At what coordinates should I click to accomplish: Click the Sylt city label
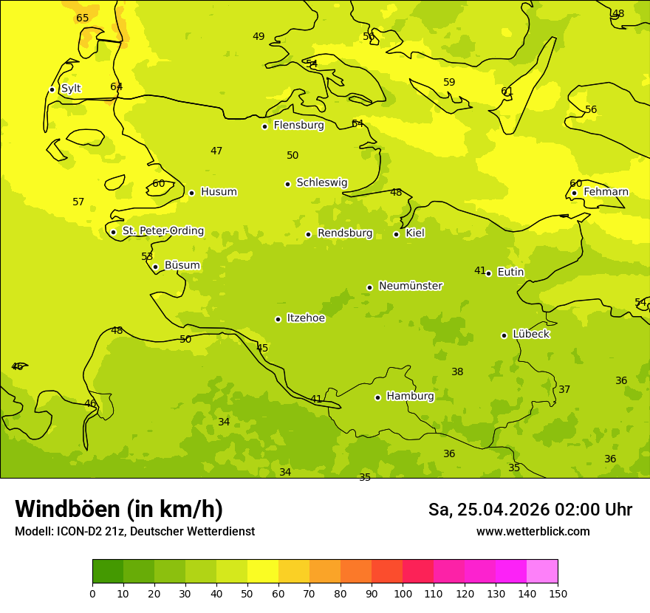pyautogui.click(x=71, y=89)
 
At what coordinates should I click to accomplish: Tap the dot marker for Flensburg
pyautogui.click(x=264, y=126)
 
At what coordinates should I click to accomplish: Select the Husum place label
pyautogui.click(x=219, y=192)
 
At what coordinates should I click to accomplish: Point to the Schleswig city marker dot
pyautogui.click(x=287, y=184)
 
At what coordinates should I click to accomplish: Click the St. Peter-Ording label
pyautogui.click(x=163, y=231)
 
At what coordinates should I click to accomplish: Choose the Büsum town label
pyautogui.click(x=182, y=266)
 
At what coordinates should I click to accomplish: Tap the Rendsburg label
pyautogui.click(x=345, y=233)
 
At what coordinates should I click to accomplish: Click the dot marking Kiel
pyautogui.click(x=396, y=234)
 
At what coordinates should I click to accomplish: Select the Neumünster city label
pyautogui.click(x=411, y=286)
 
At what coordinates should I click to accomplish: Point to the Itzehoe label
pyautogui.click(x=306, y=318)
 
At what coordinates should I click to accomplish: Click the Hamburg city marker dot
pyautogui.click(x=377, y=397)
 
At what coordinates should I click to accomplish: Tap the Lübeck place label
pyautogui.click(x=531, y=335)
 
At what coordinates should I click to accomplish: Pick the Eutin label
pyautogui.click(x=510, y=273)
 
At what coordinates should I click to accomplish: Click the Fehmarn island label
pyautogui.click(x=606, y=192)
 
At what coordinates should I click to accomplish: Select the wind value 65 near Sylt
pyautogui.click(x=83, y=18)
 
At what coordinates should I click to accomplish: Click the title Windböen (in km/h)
pyautogui.click(x=119, y=509)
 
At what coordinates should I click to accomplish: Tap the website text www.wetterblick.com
pyautogui.click(x=533, y=532)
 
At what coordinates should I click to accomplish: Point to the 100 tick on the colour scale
pyautogui.click(x=403, y=594)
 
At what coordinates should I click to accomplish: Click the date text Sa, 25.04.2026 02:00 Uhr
pyautogui.click(x=530, y=510)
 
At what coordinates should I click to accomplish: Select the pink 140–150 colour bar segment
pyautogui.click(x=542, y=572)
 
